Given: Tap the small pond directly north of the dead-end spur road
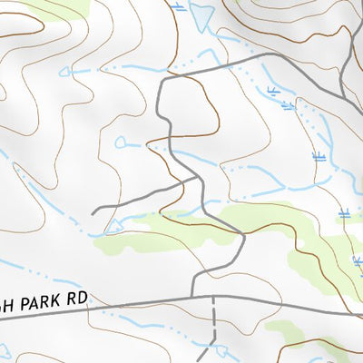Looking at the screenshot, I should coord(122,141).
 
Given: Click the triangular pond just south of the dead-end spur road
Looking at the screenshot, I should coord(113,225).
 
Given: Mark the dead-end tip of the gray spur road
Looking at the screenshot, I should coord(93,212).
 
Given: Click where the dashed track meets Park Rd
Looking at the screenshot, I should coord(213,297).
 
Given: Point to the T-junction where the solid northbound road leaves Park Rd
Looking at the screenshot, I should coord(192,297).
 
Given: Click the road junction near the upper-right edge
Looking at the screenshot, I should coord(346,91).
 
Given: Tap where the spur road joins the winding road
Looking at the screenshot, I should coord(196,179).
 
